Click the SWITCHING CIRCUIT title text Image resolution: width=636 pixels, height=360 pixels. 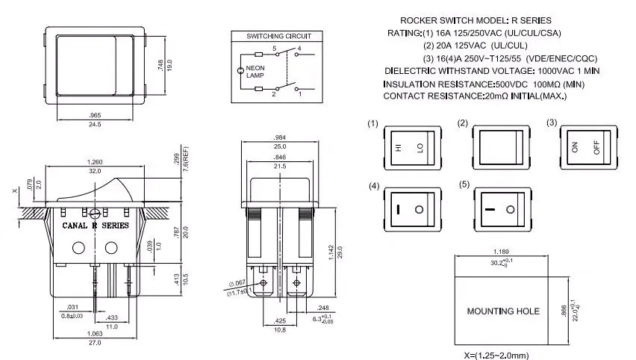[279, 36]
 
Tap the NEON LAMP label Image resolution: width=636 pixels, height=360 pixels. [257, 72]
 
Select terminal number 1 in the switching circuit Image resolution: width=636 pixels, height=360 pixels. [300, 95]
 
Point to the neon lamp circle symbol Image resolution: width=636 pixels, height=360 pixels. [240, 72]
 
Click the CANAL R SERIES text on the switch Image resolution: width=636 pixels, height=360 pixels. [95, 225]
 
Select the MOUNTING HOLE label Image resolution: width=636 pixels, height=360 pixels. [502, 311]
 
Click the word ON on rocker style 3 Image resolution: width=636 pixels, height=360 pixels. [575, 147]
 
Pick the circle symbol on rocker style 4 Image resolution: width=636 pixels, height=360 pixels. [420, 208]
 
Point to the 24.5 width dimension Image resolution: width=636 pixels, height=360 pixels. [95, 124]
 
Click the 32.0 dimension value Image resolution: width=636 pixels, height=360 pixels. [95, 171]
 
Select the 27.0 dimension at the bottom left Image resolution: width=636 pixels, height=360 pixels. [95, 342]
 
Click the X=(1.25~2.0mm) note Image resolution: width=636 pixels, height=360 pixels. [496, 354]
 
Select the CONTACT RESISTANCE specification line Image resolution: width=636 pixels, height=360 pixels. [475, 96]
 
